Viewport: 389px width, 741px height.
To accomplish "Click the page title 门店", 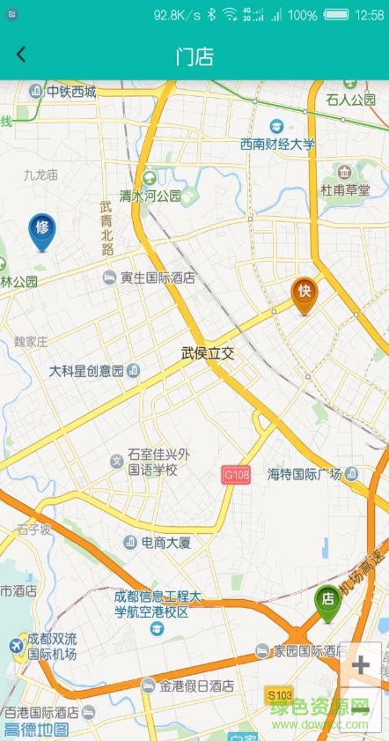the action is [194, 57].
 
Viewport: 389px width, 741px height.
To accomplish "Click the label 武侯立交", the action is [209, 352].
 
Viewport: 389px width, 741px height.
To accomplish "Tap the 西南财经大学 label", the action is [277, 144].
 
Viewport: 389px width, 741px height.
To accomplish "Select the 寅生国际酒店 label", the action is [158, 278].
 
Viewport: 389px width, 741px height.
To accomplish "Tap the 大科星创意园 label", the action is [86, 370].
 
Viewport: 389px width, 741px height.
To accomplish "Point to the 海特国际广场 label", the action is [304, 474].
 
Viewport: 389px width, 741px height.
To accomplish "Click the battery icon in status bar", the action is [335, 15].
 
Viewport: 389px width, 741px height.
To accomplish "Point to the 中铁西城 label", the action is [70, 91].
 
